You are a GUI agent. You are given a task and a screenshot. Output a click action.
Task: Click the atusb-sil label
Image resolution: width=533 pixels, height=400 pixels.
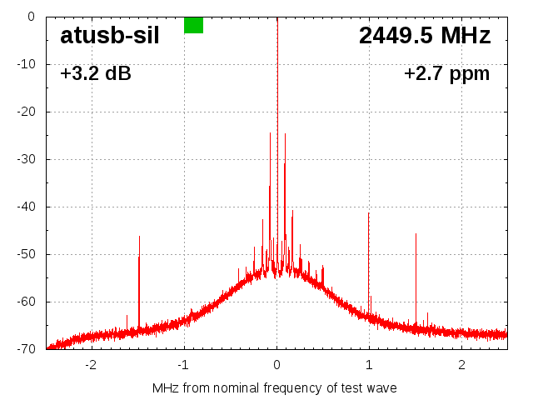point(110,35)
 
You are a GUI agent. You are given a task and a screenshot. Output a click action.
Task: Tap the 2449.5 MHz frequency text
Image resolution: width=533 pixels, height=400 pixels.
point(425,35)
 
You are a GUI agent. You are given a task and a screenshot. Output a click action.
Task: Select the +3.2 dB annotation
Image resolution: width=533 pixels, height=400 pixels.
point(96,73)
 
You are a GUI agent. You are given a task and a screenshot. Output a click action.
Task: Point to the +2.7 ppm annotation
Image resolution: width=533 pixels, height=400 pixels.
point(446,73)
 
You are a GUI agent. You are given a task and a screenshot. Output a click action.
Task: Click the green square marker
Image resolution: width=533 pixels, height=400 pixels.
point(193,25)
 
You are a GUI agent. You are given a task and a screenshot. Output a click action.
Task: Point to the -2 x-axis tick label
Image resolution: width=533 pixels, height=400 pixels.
point(91,364)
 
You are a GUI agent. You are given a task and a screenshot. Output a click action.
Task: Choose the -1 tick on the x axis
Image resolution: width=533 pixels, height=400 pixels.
point(183,364)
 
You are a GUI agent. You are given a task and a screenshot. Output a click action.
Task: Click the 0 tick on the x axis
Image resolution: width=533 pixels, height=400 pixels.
point(277,364)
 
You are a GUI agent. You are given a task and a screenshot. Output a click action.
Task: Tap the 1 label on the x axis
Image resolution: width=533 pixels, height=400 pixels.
point(369,364)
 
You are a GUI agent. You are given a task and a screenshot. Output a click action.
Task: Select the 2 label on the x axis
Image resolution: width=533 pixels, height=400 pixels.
point(461,364)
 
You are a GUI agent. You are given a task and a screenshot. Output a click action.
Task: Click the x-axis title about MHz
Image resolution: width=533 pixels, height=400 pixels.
point(275,387)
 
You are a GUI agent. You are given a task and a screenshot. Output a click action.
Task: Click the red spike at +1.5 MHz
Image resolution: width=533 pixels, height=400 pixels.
point(416,275)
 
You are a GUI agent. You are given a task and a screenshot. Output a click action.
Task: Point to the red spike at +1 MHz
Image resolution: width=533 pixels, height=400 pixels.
point(369,258)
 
